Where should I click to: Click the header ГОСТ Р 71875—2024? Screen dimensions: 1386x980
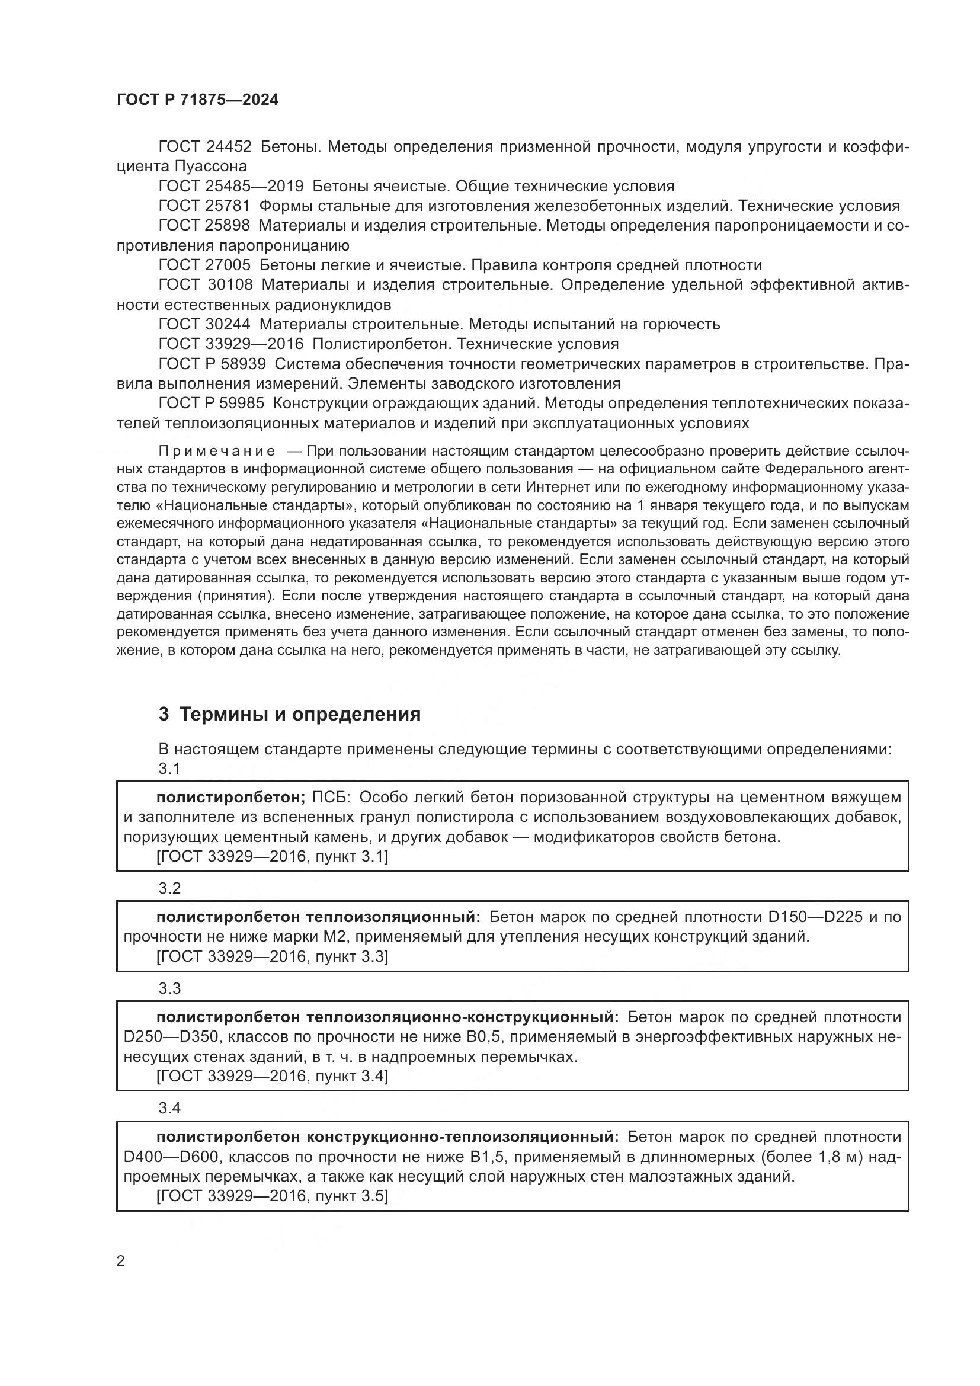click(x=197, y=100)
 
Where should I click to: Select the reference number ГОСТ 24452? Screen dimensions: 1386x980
click(x=205, y=147)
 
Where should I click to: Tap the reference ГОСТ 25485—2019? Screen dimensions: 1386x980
click(x=231, y=186)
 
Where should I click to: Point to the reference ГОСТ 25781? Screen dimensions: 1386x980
click(x=204, y=206)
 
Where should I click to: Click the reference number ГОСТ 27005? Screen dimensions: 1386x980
click(x=204, y=265)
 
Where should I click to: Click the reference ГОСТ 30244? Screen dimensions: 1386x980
click(x=204, y=325)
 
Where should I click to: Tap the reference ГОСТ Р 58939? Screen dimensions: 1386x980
click(x=212, y=364)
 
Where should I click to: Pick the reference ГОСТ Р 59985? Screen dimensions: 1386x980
click(x=211, y=404)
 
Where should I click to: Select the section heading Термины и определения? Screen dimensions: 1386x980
click(x=300, y=715)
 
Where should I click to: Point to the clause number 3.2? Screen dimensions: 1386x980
click(x=169, y=888)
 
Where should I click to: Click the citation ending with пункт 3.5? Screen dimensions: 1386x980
click(x=271, y=1196)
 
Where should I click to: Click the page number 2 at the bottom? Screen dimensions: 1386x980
click(x=121, y=1261)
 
